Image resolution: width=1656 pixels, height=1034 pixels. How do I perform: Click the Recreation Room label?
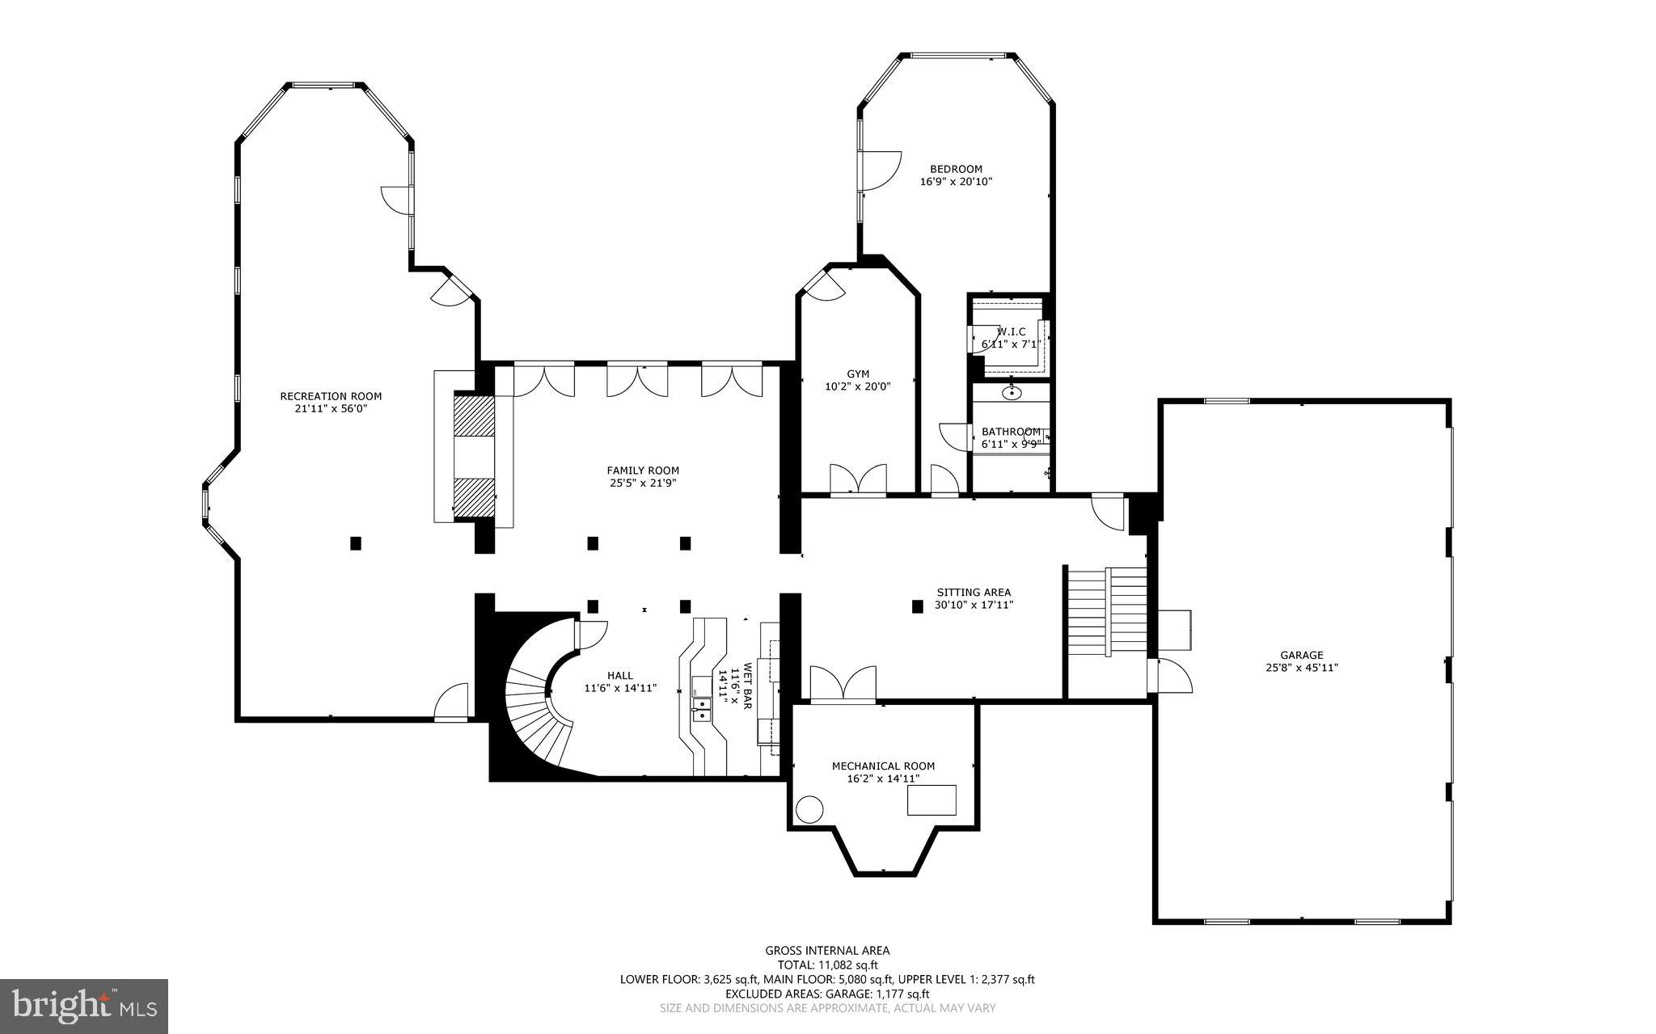tap(331, 396)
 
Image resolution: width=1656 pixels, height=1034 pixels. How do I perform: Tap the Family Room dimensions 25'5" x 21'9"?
tap(643, 483)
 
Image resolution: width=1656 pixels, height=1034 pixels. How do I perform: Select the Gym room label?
tap(858, 374)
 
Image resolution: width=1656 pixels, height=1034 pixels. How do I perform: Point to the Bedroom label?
tap(956, 169)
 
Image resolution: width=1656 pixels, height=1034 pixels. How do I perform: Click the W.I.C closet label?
tap(1011, 332)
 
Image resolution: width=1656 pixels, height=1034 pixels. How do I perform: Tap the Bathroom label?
tap(1011, 432)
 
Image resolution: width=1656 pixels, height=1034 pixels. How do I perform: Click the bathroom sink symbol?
tap(1012, 394)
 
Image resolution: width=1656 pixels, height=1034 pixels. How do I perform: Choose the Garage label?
tap(1301, 655)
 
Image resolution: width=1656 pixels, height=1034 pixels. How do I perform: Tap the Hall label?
tap(620, 676)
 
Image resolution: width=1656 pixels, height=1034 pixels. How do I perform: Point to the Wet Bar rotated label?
tap(741, 687)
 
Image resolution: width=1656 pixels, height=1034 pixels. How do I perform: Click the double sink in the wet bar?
tap(701, 710)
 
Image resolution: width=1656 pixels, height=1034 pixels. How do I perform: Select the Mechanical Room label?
tap(883, 766)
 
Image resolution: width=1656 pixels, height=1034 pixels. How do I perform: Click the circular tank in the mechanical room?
tap(809, 809)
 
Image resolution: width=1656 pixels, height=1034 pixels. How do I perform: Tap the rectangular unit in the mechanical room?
tap(931, 800)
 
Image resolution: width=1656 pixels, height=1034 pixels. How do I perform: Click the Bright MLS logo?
tap(84, 1006)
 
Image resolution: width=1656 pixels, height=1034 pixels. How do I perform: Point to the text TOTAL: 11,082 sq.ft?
tap(827, 964)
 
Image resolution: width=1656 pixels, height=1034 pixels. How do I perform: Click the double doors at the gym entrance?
tap(858, 480)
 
